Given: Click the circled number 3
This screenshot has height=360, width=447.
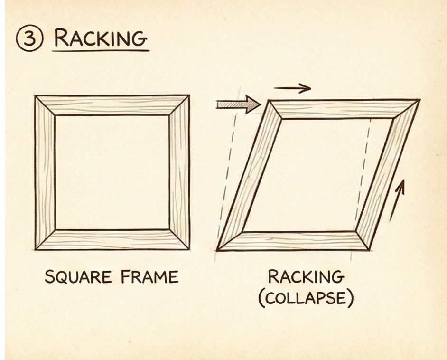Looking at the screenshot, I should click(30, 38).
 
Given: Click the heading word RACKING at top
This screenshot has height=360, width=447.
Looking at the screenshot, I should click(101, 38).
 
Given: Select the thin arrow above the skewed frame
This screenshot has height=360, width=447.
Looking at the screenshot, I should click(292, 88).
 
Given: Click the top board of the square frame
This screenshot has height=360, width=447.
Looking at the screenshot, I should click(112, 105).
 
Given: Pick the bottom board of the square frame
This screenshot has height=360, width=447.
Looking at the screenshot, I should click(112, 240).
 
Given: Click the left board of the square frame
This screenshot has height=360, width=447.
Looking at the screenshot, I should click(45, 172).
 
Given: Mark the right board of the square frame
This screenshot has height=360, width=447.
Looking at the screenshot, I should click(179, 172).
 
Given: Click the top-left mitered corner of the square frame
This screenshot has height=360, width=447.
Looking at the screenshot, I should click(45, 105).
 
